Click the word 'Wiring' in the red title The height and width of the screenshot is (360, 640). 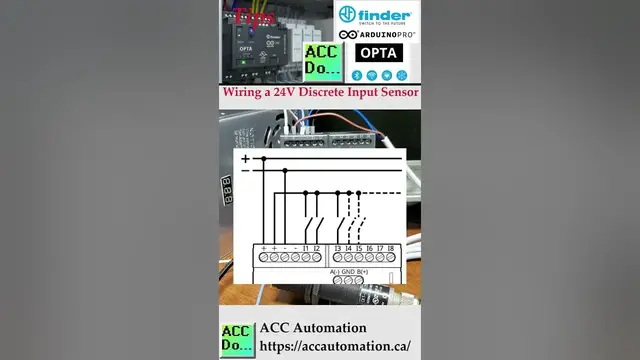(x=246, y=93)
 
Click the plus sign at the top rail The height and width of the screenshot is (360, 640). (x=245, y=158)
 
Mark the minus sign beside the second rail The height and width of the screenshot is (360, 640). (x=245, y=171)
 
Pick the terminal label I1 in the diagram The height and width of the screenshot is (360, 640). (x=304, y=247)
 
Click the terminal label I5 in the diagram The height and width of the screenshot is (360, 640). (x=358, y=247)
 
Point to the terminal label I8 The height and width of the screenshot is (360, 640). (x=392, y=247)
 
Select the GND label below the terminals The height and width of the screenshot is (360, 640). (x=349, y=272)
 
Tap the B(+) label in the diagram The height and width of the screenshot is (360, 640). (x=363, y=272)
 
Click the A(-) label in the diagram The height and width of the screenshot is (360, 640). (x=335, y=272)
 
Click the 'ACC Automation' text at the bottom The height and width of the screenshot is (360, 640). (x=312, y=328)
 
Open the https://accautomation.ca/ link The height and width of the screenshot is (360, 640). (x=334, y=346)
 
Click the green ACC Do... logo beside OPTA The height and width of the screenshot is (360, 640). (x=322, y=62)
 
